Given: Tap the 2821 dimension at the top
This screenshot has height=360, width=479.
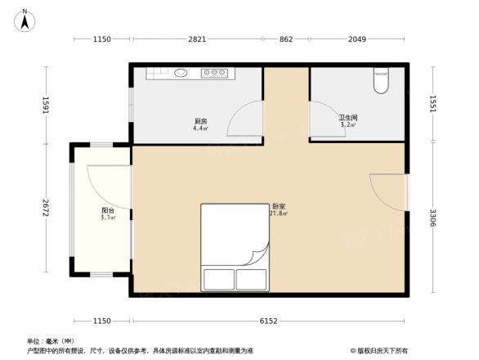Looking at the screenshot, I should (196, 39).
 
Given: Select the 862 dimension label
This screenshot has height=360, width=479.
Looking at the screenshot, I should (285, 39).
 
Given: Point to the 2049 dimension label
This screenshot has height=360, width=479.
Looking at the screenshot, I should (357, 39).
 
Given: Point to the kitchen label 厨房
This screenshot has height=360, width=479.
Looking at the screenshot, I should (199, 121).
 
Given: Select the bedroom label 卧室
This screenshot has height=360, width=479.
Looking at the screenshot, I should (279, 207).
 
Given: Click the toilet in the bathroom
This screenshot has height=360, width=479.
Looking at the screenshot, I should (382, 80).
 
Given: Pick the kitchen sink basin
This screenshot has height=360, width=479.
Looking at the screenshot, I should (180, 73).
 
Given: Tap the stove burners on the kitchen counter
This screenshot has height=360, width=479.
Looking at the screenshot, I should (214, 73).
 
